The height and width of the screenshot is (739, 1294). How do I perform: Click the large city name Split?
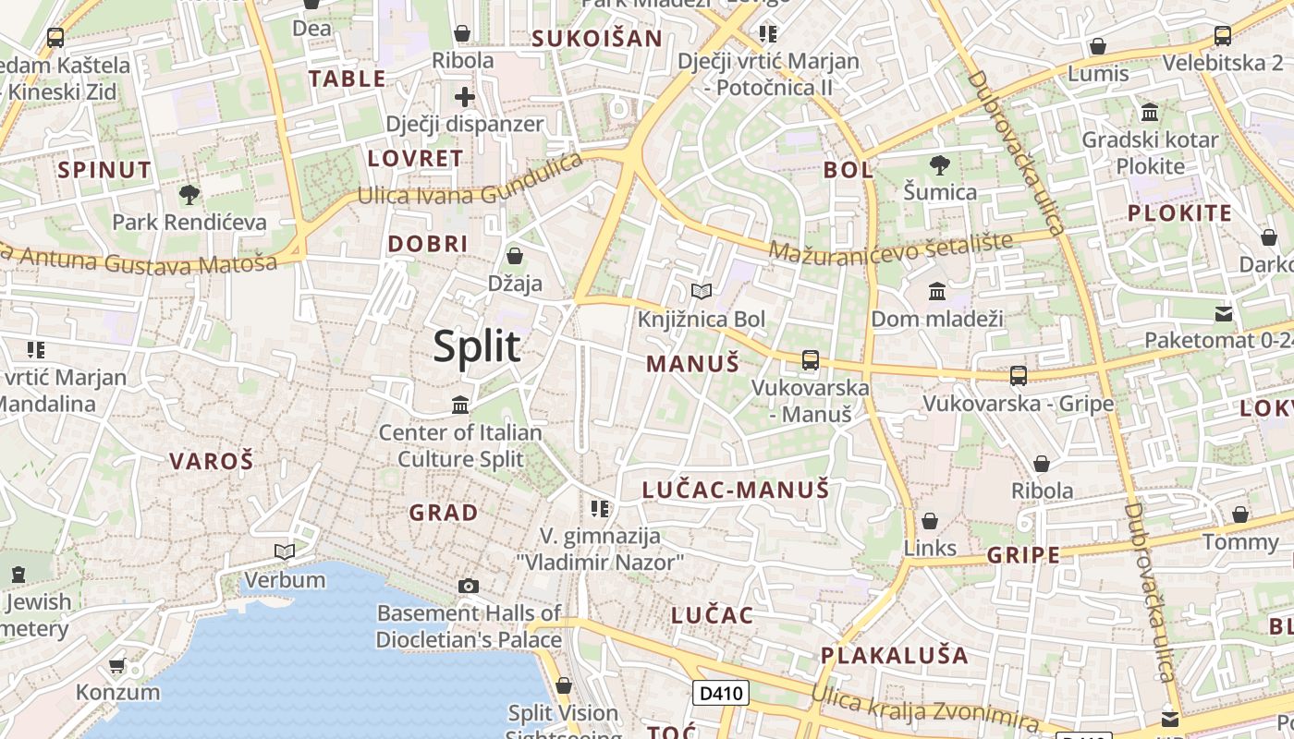coord(477,346)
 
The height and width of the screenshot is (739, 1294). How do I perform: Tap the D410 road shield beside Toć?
coord(720,693)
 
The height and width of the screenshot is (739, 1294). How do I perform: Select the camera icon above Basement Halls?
coord(469,586)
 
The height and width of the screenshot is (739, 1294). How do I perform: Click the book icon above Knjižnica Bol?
coord(702,292)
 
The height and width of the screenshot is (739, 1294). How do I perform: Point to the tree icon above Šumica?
coord(940,165)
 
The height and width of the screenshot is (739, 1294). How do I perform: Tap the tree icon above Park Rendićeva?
coord(189,195)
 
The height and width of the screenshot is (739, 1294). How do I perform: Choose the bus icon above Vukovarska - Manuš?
coord(811,360)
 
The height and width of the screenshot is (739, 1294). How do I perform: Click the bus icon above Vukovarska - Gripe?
coord(1019,376)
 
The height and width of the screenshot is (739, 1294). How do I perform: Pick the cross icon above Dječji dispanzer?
coord(465,96)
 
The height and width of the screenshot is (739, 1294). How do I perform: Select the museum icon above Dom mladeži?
coord(937,292)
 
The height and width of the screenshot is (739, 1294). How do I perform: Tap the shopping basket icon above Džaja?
coord(515,256)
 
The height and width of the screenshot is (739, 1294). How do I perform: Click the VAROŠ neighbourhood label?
coord(211,461)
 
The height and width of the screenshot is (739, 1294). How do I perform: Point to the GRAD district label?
coord(444,513)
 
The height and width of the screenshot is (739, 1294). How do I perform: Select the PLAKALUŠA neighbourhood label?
coord(895,656)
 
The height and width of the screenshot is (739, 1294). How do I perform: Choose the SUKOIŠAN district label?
coord(597,39)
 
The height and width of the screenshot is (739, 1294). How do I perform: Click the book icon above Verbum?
coord(285,552)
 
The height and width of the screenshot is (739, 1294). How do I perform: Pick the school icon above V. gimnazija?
coord(600,508)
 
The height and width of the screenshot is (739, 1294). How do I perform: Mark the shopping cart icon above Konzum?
coord(117,665)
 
